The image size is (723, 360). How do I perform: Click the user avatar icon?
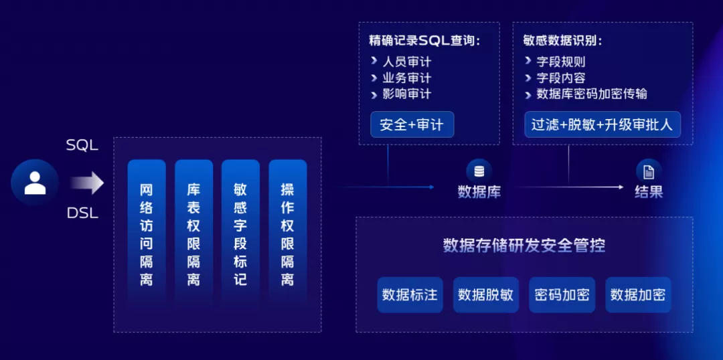click(35, 182)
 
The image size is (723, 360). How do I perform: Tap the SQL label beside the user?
click(82, 145)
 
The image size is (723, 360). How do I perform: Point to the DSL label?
click(82, 213)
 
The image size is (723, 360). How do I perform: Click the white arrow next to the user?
click(88, 182)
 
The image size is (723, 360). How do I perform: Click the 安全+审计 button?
click(412, 124)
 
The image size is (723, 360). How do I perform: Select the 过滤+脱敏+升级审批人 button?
click(602, 124)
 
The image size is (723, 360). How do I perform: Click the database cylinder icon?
click(479, 170)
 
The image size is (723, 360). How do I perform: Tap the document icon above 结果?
click(649, 170)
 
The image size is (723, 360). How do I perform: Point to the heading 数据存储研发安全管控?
click(524, 245)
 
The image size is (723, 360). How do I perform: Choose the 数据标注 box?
click(410, 294)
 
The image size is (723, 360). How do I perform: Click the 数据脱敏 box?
click(485, 294)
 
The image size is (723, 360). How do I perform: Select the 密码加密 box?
click(562, 294)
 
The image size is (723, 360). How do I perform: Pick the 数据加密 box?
click(637, 294)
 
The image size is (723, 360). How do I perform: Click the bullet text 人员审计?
click(406, 62)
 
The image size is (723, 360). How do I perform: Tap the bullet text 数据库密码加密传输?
click(591, 94)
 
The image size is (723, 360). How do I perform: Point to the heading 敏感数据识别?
click(562, 40)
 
